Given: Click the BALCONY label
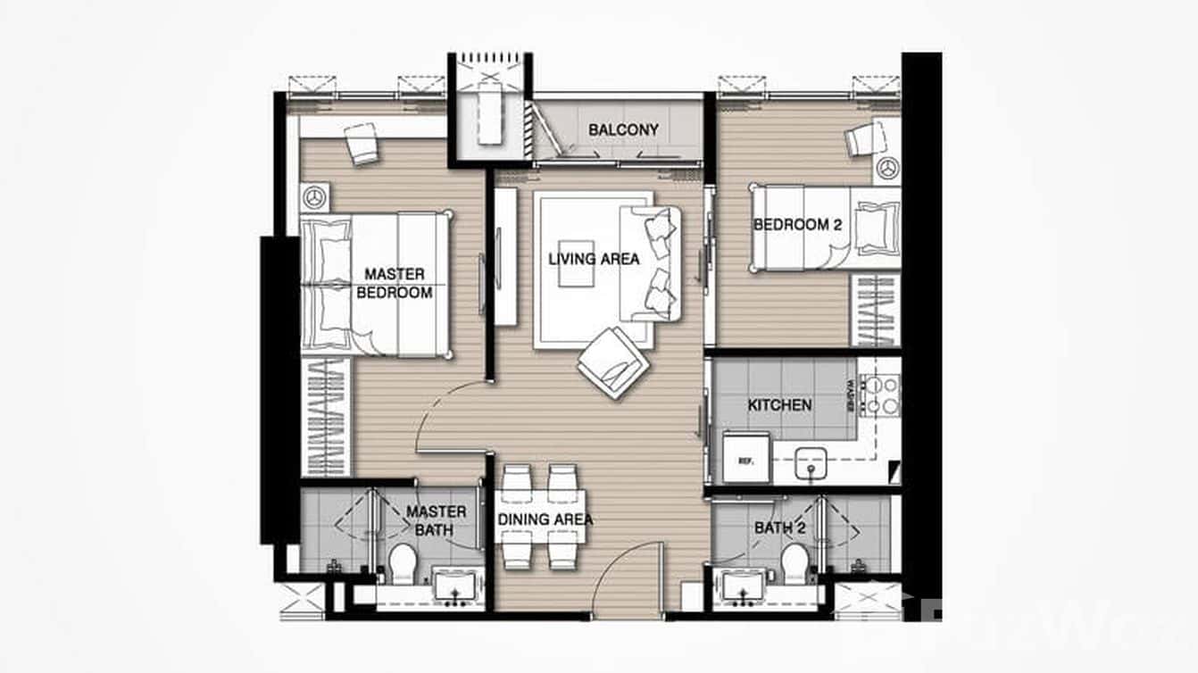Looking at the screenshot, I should coord(623,129).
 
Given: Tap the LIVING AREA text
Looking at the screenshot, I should coord(594,259).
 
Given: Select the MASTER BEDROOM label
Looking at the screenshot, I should coord(394,283).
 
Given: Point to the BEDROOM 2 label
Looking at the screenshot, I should coord(797,225).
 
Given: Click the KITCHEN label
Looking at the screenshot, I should coord(779,405).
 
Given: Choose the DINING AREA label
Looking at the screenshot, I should coord(545,519).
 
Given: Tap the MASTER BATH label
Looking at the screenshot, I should coord(436,520).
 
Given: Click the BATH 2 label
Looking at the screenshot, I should coord(779,528).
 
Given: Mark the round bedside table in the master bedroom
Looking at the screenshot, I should coord(313,195).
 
